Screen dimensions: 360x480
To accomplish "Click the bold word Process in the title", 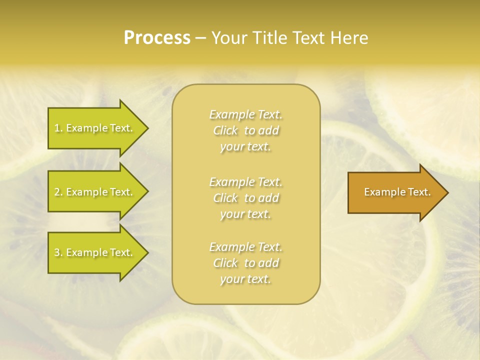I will pos(157,38).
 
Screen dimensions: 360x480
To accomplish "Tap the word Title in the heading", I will pos(269,38).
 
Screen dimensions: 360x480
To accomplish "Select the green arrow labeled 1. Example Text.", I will pos(95,128).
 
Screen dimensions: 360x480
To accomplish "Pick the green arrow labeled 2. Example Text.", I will pos(95,192).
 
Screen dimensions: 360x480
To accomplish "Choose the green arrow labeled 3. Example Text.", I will pos(95,252).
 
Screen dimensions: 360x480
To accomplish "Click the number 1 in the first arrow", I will pos(57,128).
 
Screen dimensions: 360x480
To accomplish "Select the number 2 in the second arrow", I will pos(57,192).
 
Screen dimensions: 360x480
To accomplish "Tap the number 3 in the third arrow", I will pos(57,252).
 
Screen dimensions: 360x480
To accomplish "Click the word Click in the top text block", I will pos(225,130).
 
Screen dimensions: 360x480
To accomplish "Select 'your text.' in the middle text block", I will pos(245,214).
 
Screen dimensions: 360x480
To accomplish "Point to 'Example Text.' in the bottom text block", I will pos(245,247).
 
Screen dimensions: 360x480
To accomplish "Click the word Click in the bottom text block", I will pos(225,263).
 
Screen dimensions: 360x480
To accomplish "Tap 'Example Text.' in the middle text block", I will pos(245,182).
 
